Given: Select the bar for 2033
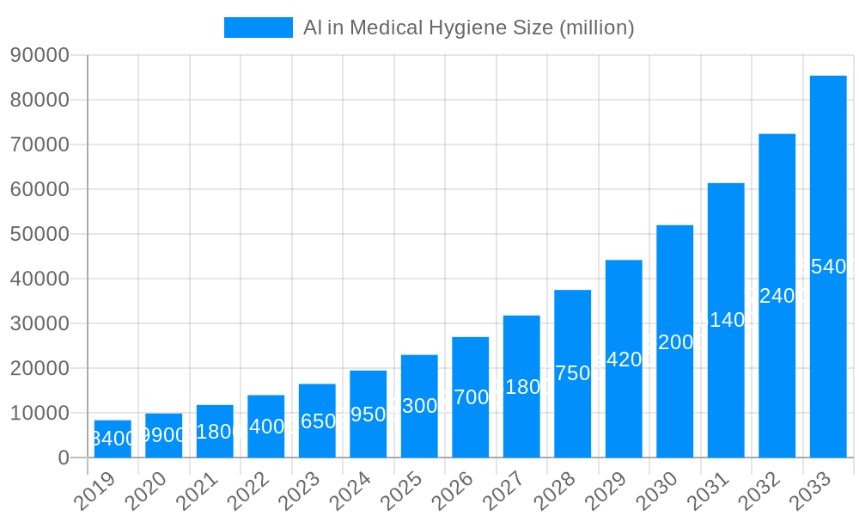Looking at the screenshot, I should click(x=828, y=267).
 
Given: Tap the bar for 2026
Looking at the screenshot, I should click(x=471, y=397).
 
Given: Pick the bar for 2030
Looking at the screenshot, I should click(x=675, y=341).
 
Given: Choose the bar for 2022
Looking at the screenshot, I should click(x=266, y=427).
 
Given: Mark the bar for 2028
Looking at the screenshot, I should click(x=573, y=373).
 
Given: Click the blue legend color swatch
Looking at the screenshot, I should click(x=258, y=28).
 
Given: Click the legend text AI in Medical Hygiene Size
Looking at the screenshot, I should click(x=468, y=28).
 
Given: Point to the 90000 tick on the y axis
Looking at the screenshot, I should click(x=40, y=55).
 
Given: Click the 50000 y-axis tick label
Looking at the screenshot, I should click(x=40, y=234).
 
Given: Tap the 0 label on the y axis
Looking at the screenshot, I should click(x=64, y=458).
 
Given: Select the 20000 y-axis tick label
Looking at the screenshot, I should click(x=40, y=368).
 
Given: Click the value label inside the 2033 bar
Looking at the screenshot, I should click(x=828, y=267).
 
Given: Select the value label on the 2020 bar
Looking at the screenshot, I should click(x=164, y=435).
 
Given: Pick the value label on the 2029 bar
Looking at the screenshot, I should click(x=624, y=359).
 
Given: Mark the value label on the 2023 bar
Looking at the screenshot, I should click(x=317, y=421).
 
